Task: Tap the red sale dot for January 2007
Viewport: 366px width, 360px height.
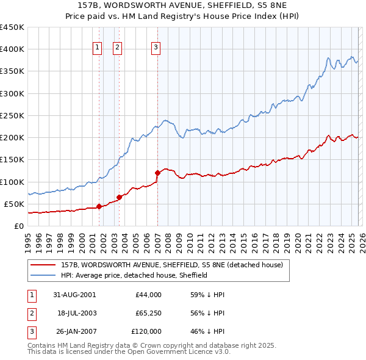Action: click(x=157, y=173)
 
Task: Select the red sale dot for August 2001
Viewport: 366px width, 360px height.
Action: click(x=99, y=206)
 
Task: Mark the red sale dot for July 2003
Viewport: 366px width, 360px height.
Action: click(x=120, y=197)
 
